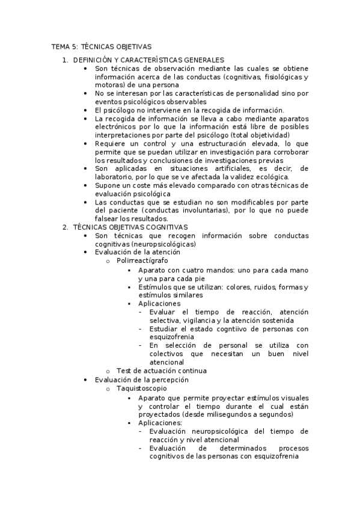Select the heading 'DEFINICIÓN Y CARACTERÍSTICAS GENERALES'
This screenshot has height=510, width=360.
click(x=148, y=60)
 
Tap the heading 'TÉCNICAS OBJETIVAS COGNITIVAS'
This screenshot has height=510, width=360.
click(x=130, y=227)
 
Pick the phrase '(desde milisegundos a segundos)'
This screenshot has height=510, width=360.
click(x=240, y=414)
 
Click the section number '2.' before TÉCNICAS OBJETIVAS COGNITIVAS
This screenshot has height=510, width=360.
click(x=66, y=227)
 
